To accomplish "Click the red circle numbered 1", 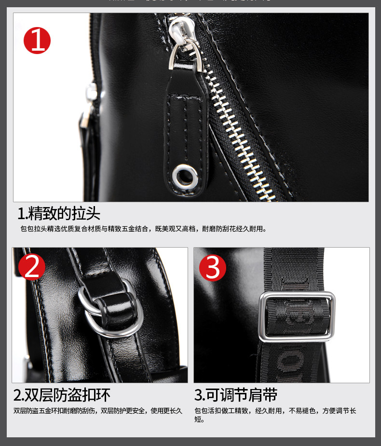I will coord(37,40).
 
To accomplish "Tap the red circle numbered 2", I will coord(32,267).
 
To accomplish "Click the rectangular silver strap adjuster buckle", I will coord(297,317).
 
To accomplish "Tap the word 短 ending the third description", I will coord(198,419).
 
